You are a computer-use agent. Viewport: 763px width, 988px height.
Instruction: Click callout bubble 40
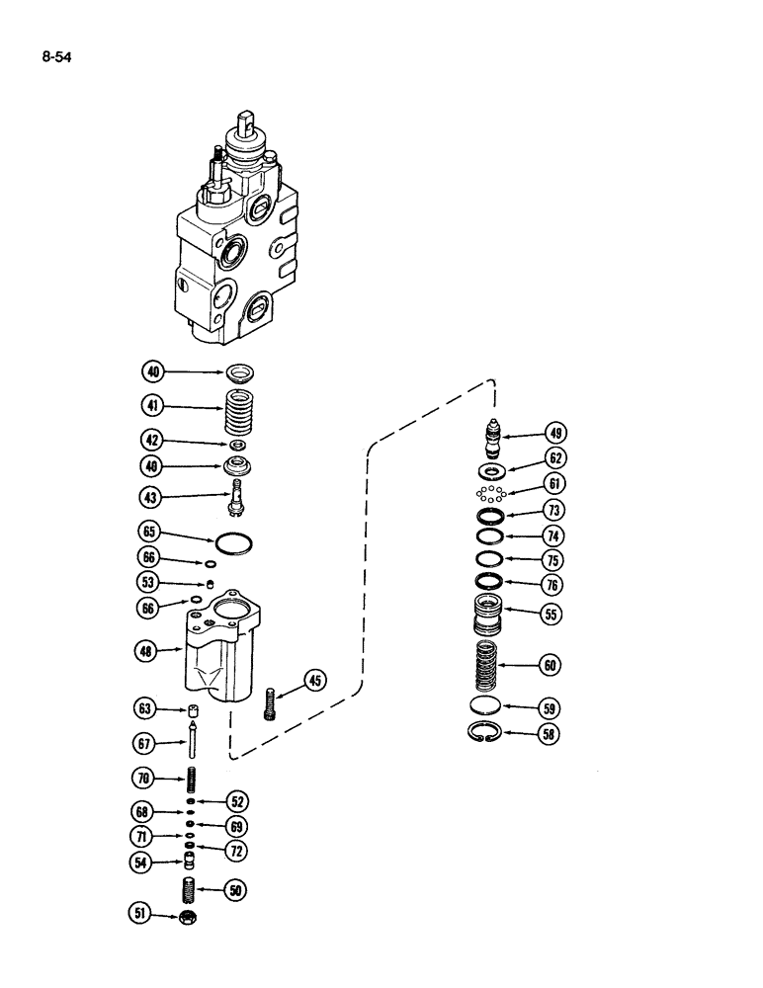(x=153, y=372)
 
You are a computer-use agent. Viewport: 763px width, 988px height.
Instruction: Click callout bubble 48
(x=153, y=650)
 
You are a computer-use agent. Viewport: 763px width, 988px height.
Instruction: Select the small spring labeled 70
(x=194, y=778)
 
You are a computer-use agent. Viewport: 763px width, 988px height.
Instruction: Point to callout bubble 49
(x=557, y=432)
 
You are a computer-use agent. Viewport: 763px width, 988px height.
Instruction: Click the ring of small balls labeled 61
(x=490, y=493)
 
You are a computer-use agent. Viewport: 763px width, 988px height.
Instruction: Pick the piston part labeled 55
(x=491, y=616)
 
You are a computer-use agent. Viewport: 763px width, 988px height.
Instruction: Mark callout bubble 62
(x=557, y=458)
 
